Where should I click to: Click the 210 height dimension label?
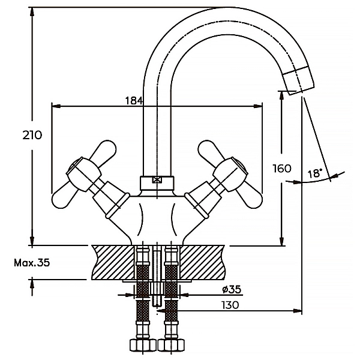(32, 135)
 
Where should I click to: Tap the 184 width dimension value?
(134, 101)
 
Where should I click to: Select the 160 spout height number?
(282, 169)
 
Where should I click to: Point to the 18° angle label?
(315, 173)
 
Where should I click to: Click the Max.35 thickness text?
(32, 263)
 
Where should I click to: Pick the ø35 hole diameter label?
(232, 290)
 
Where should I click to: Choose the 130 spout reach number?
(230, 305)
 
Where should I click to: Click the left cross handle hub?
(83, 174)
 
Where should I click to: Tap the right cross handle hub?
(230, 174)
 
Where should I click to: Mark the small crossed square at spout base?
(157, 179)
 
